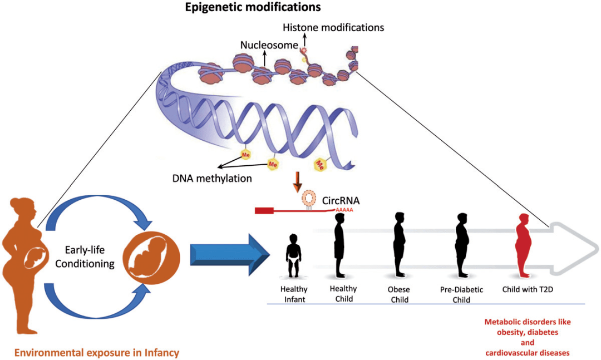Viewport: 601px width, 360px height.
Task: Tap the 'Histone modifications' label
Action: point(333,27)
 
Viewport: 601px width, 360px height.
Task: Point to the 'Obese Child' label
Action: point(398,294)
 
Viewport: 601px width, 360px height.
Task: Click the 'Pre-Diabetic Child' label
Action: point(461,294)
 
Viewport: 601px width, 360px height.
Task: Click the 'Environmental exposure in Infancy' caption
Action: point(97,352)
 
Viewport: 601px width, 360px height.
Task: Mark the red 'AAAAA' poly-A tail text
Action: point(344,210)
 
